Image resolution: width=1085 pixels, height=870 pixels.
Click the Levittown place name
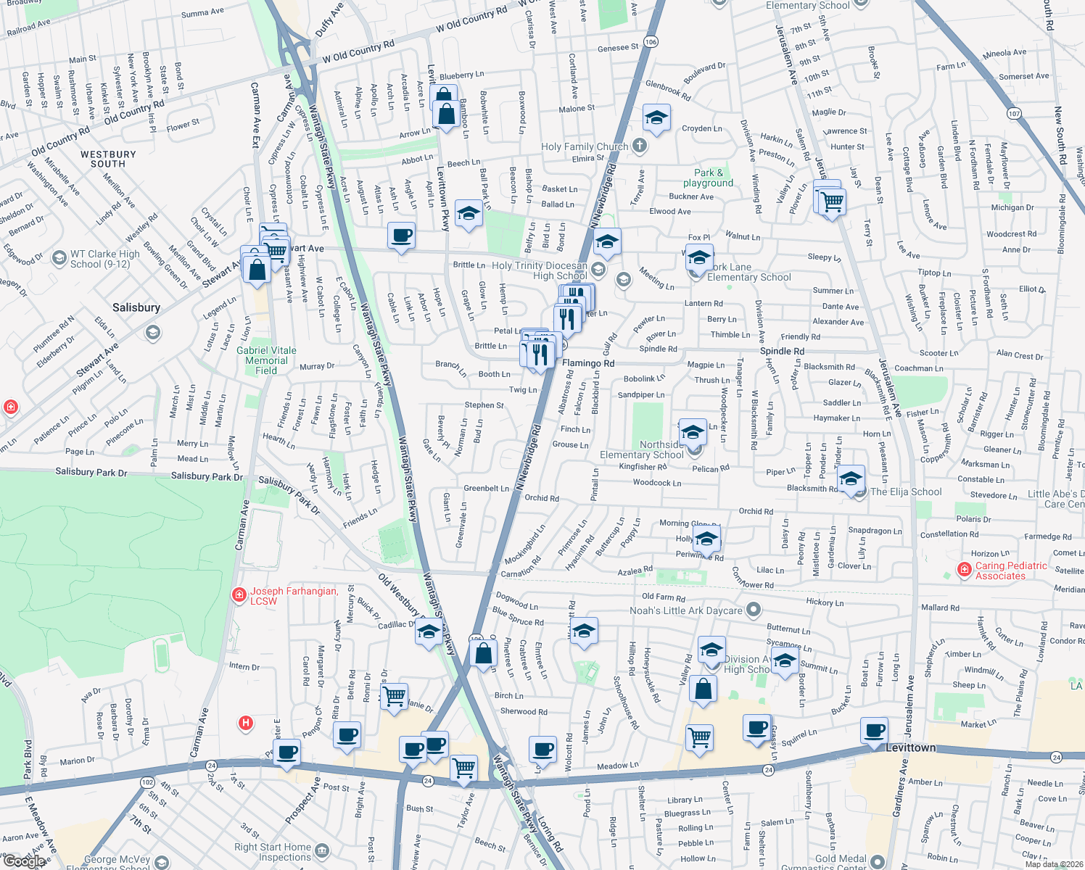pos(910,747)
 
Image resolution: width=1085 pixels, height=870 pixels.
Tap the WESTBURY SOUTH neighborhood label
pos(108,159)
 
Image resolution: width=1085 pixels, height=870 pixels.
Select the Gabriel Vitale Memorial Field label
pos(266,360)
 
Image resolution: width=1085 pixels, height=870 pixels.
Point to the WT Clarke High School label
pos(104,259)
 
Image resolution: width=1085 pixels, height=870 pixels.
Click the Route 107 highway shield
pos(1014,113)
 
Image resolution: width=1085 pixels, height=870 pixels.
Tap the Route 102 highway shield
pos(147,782)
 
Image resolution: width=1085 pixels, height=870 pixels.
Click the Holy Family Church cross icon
pos(639,146)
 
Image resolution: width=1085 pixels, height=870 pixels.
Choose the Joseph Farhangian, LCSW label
pos(294,596)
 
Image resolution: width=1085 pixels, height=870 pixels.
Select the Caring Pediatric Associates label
pos(1010,571)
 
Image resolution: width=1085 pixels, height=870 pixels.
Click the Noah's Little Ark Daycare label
pos(685,610)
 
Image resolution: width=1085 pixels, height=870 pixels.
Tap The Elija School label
pos(905,492)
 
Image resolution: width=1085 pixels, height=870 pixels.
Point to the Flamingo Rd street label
pos(587,363)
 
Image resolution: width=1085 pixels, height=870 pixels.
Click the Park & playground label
pos(708,178)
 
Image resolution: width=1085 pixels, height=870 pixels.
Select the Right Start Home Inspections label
pos(273,852)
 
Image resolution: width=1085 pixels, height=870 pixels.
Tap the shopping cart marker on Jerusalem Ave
pos(831,201)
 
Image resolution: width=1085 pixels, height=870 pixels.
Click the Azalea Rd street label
pos(635,571)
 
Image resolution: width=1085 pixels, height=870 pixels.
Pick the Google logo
pos(25,861)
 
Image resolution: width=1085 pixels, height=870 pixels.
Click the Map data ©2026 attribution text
pos(1053,863)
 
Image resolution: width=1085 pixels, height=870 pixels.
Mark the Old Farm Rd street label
pos(663,597)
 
